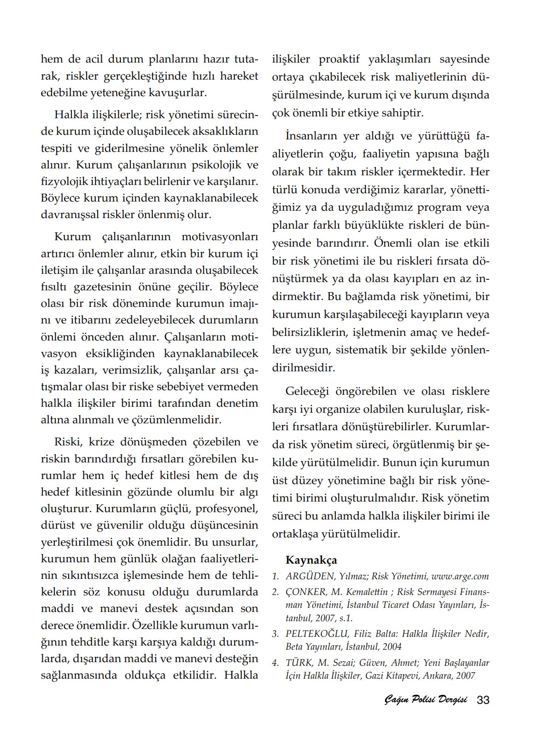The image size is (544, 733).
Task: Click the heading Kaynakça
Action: coord(311,560)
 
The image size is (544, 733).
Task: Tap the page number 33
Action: coord(483,700)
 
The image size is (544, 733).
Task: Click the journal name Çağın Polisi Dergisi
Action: coord(425,700)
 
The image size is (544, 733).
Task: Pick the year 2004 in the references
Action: coord(392,646)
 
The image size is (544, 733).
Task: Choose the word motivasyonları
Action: coord(220,237)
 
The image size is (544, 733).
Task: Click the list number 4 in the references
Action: coord(275,663)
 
